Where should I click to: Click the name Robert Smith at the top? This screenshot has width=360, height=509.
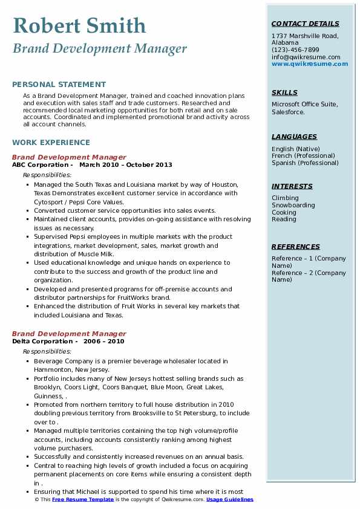point(79,25)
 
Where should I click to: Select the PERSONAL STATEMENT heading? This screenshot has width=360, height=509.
point(59,85)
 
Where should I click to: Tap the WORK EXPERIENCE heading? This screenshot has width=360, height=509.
point(51,143)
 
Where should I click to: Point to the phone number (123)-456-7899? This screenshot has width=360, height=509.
point(295,50)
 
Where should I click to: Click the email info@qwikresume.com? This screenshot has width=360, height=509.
point(306,57)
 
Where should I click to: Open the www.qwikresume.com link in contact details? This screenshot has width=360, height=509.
point(310,63)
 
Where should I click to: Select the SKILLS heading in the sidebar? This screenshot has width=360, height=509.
point(284,92)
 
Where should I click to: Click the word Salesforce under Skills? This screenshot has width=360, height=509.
point(288,112)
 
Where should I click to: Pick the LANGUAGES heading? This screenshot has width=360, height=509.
point(294,137)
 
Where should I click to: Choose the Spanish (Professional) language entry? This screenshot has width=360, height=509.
point(305,163)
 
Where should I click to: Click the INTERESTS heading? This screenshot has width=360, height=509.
point(292,186)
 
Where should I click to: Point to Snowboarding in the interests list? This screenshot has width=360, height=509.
point(293,205)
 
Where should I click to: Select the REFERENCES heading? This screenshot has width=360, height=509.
point(296,247)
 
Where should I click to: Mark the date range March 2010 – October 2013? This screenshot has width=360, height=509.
point(125,164)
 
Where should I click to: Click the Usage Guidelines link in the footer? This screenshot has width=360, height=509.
point(229,499)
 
